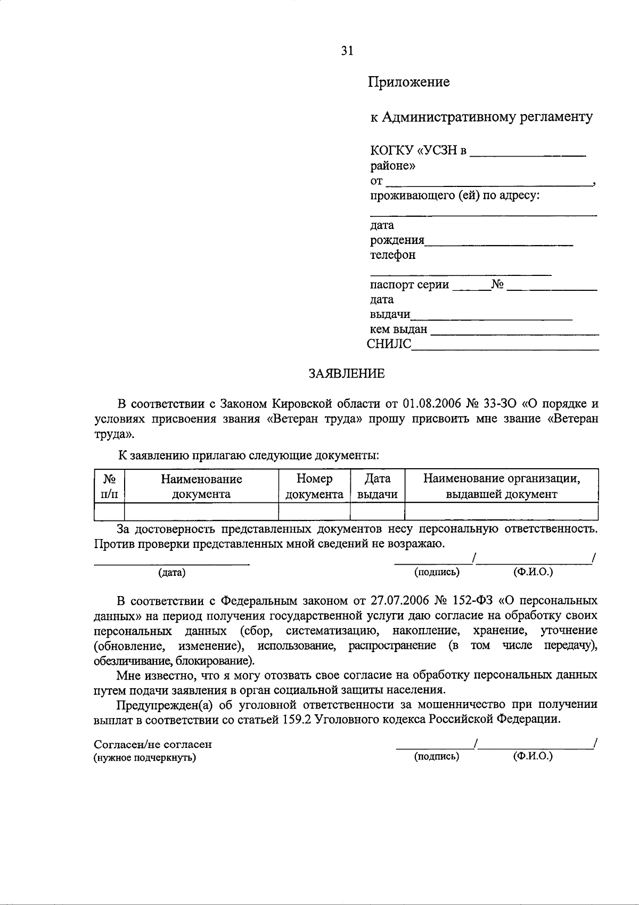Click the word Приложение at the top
(408, 82)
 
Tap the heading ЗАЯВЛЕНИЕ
(347, 373)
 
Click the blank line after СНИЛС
(505, 346)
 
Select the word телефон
(393, 255)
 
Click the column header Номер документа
(314, 486)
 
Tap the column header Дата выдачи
(377, 486)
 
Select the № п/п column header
(109, 486)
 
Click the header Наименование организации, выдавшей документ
(501, 486)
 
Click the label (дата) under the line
(171, 573)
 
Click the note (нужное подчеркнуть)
(145, 757)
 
